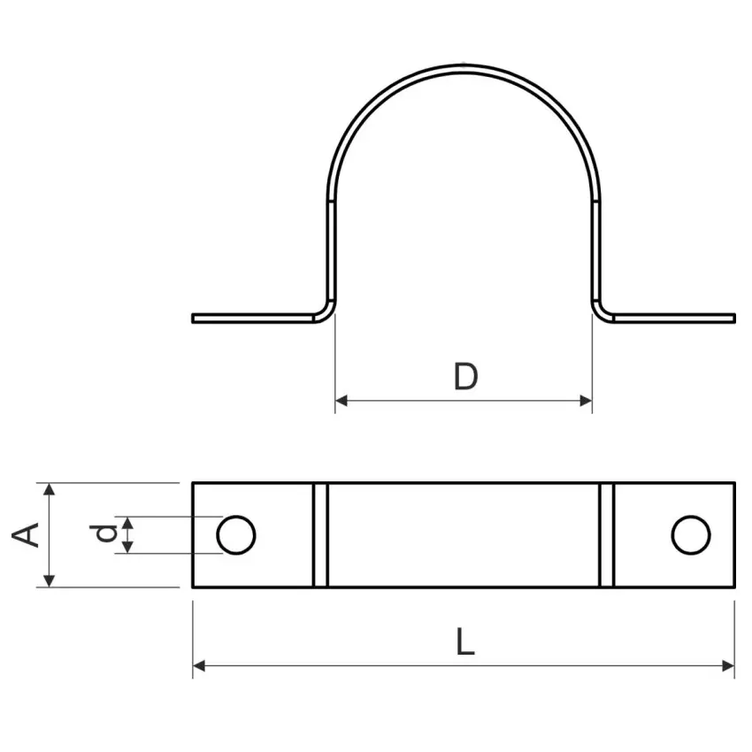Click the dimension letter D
coord(465,377)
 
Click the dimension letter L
coord(465,642)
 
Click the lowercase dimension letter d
coord(105,533)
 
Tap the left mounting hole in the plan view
coord(236,534)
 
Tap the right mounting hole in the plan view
coord(691,534)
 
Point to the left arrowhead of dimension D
coord(341,401)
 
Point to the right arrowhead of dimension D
coord(586,401)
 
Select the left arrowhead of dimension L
coord(199,665)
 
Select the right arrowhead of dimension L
coord(727,665)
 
